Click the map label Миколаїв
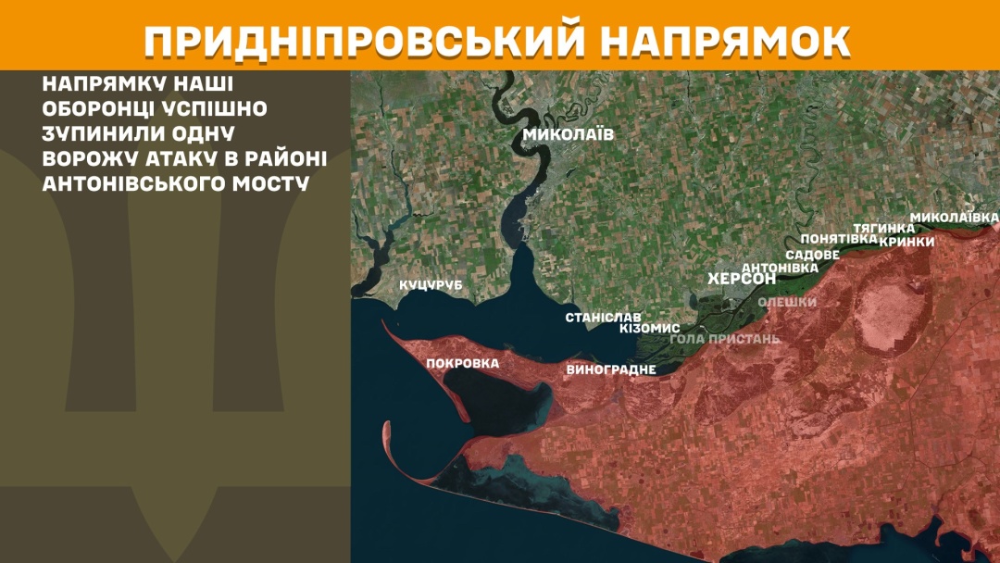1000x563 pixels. [568, 134]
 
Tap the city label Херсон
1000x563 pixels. [742, 279]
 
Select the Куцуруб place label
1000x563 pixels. [431, 285]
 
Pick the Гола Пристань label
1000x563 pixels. [724, 339]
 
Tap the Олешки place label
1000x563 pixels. [787, 302]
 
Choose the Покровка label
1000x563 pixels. [462, 363]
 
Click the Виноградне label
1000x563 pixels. [610, 369]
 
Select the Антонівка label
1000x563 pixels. [781, 268]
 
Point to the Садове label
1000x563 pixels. [812, 255]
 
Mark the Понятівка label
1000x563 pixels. [839, 239]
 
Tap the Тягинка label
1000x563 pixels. [883, 228]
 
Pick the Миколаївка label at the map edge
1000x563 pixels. [954, 218]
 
